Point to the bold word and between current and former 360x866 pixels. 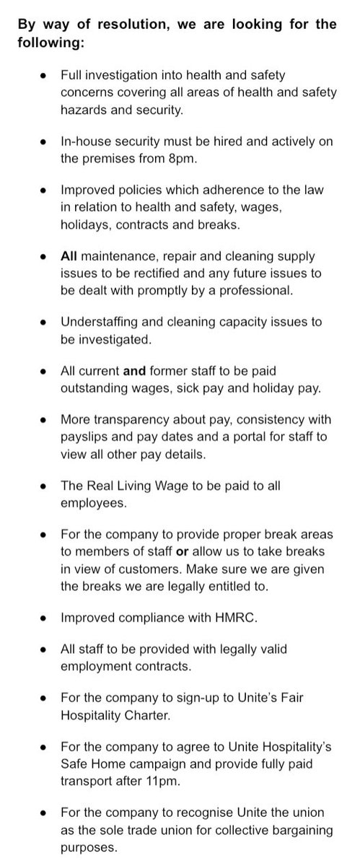[135, 372]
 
